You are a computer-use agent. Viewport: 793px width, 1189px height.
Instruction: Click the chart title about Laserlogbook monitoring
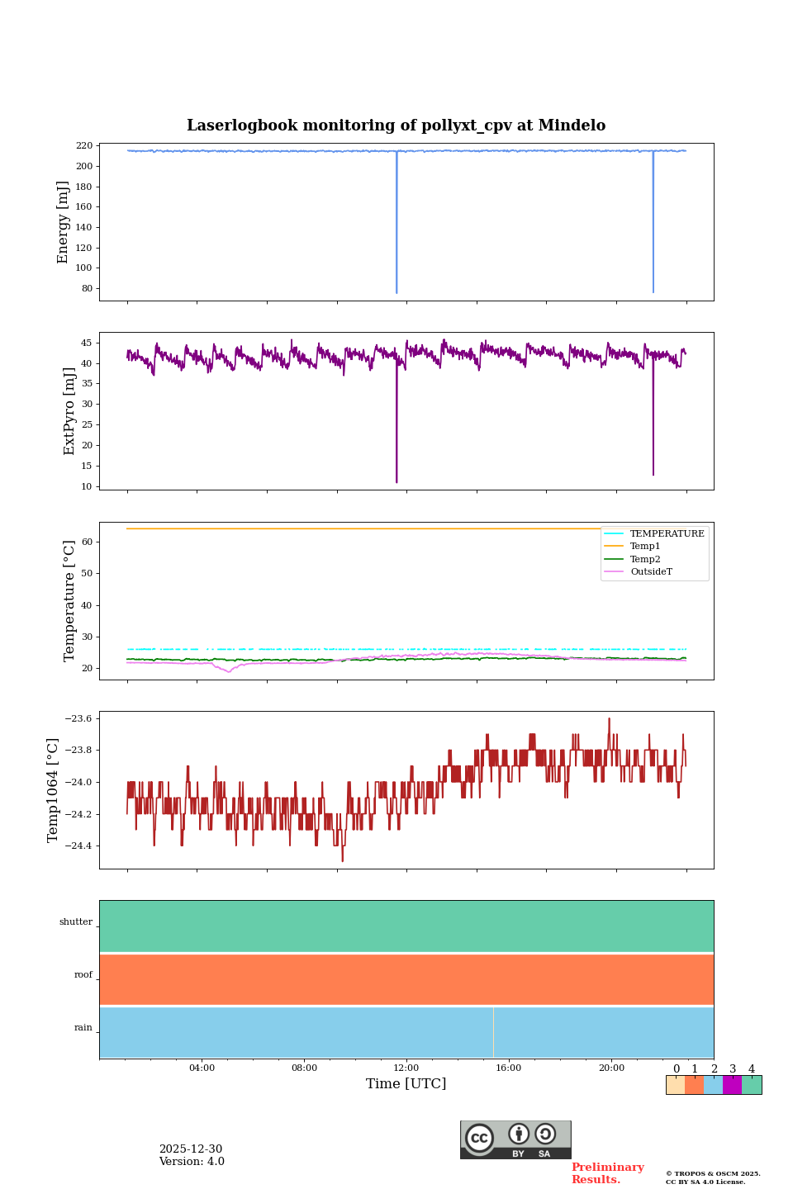pos(396,126)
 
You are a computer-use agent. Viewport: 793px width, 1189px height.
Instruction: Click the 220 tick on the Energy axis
pos(83,146)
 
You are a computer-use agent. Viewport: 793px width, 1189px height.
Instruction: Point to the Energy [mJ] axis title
pos(63,222)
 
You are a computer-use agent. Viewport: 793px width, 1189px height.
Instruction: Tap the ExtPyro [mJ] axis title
pos(69,411)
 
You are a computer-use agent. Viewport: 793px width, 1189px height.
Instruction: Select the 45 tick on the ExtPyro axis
pos(86,343)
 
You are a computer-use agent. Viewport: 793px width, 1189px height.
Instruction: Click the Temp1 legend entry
pos(645,547)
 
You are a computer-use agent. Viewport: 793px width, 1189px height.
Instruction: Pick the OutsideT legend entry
pos(651,572)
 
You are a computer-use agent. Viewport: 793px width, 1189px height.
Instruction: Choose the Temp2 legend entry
pos(645,560)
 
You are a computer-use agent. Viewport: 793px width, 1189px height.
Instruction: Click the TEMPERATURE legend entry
pos(667,534)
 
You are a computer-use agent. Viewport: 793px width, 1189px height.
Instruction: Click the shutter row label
pos(76,922)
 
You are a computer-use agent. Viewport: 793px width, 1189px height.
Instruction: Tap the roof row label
pos(83,975)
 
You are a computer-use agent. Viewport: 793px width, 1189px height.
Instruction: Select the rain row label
pos(83,1028)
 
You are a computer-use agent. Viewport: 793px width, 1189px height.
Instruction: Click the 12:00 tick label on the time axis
pos(406,1068)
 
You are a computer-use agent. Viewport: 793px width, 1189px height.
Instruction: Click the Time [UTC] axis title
pos(406,1084)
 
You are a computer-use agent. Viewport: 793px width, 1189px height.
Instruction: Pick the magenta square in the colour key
pos(732,1085)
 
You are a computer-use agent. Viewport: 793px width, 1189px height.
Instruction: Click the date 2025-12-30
pos(191,1149)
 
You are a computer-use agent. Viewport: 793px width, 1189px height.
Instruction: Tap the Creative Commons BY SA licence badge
pos(515,1139)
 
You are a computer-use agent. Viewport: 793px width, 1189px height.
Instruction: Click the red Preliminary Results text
pos(607,1173)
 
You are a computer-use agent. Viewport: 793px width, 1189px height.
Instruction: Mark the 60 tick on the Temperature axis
pos(86,542)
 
